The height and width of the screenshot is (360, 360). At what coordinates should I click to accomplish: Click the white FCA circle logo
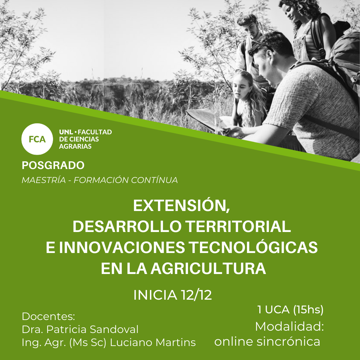(37, 139)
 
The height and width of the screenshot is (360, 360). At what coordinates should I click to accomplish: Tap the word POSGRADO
(53, 165)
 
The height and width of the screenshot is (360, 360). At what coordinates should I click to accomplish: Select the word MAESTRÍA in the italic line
(44, 180)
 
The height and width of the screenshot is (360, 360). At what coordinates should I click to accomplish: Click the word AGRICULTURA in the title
(208, 268)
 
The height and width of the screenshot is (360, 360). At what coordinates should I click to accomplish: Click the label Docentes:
(48, 316)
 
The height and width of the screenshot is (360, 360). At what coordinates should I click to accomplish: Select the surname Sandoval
(114, 329)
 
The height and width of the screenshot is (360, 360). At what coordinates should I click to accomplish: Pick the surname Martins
(176, 342)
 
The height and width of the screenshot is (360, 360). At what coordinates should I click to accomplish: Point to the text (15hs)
(308, 310)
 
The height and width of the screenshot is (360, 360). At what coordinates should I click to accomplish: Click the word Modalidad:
(289, 326)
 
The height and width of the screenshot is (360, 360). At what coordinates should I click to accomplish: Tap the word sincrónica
(288, 341)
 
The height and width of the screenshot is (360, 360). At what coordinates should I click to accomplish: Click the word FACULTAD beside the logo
(95, 132)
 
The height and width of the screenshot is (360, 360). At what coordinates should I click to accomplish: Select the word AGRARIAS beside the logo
(75, 146)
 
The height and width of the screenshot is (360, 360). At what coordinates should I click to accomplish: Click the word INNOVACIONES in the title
(122, 247)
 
